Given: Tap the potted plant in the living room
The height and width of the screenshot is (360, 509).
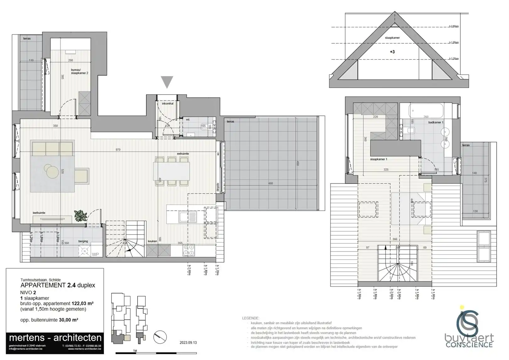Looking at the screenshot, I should point(81,216).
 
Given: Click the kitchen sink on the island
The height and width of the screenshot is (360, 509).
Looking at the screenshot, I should point(188,217).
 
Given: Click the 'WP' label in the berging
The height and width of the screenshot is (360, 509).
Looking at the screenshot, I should point(95,254).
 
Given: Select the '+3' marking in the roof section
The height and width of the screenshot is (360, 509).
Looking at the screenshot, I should point(392,52).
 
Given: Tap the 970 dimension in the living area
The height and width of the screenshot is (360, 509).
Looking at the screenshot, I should point(118,150).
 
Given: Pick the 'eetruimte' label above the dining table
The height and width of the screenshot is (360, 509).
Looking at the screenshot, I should point(183,154).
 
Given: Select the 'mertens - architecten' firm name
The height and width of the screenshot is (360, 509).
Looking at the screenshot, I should point(55,338).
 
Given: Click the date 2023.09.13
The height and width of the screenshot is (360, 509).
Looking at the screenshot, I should point(188,343).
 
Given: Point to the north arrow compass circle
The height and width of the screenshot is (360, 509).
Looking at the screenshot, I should point(160,337).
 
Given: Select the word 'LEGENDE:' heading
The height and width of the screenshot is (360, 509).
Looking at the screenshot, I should point(251,318).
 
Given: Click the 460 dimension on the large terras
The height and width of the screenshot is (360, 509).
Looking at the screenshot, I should point(270,183).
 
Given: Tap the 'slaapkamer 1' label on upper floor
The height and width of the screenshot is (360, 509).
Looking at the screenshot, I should point(379,159).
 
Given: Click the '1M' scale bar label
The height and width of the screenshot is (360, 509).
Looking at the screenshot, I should point(135,351).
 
